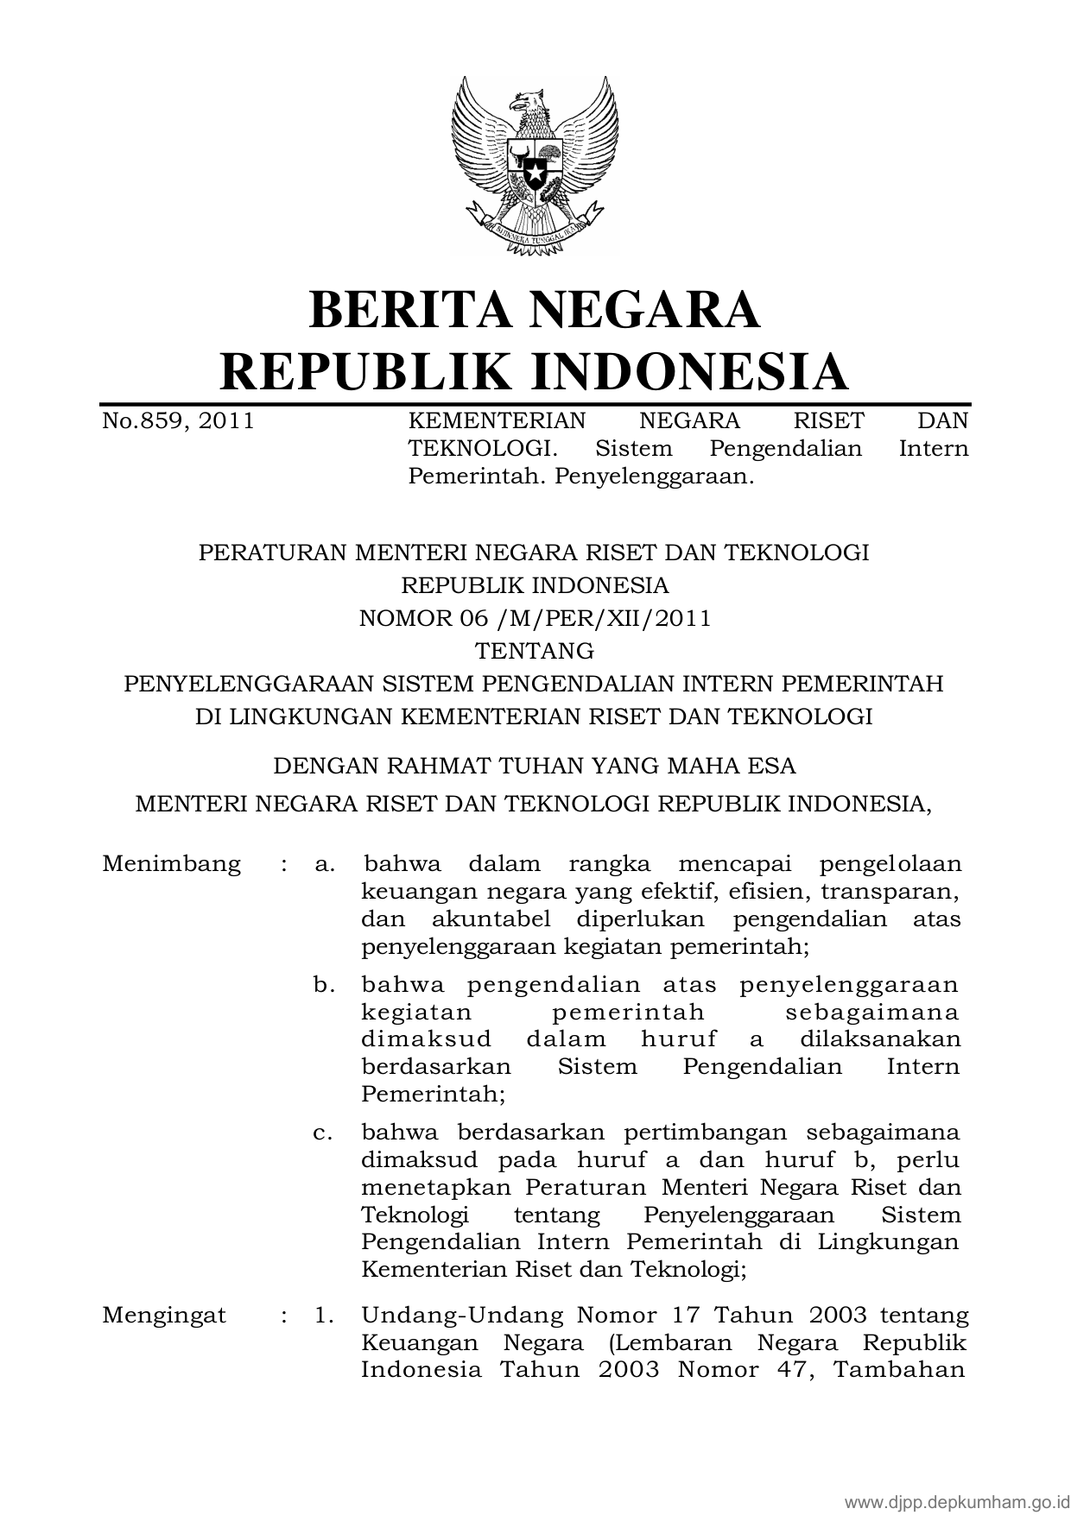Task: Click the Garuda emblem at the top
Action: pos(535,165)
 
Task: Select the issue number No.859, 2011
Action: pos(178,420)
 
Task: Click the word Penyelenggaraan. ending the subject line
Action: pos(655,476)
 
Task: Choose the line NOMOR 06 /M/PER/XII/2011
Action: pos(535,618)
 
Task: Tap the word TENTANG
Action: pos(535,650)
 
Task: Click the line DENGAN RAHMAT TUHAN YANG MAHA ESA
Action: pos(535,766)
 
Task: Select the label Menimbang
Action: pos(171,864)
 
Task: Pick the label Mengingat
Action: pos(164,1316)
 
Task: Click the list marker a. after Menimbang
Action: pos(325,864)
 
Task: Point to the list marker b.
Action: pos(325,985)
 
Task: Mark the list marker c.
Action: pos(324,1132)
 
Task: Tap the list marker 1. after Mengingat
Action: pos(325,1316)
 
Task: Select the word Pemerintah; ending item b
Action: pos(433,1094)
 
